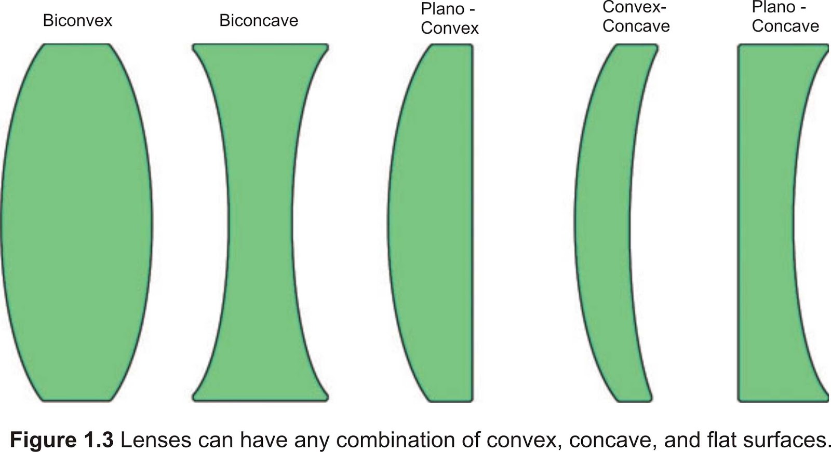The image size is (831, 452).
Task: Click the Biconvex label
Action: [x=77, y=21]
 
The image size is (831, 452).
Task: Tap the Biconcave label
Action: [x=259, y=21]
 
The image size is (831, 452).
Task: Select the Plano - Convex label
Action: [x=449, y=18]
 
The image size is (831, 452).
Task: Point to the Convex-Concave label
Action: [x=636, y=17]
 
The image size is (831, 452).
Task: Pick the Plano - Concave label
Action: [x=785, y=17]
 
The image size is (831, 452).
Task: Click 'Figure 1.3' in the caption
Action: [x=62, y=440]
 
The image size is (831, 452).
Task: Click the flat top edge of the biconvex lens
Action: [x=76, y=45]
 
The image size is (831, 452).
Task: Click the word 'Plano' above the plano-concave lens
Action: [x=773, y=8]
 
